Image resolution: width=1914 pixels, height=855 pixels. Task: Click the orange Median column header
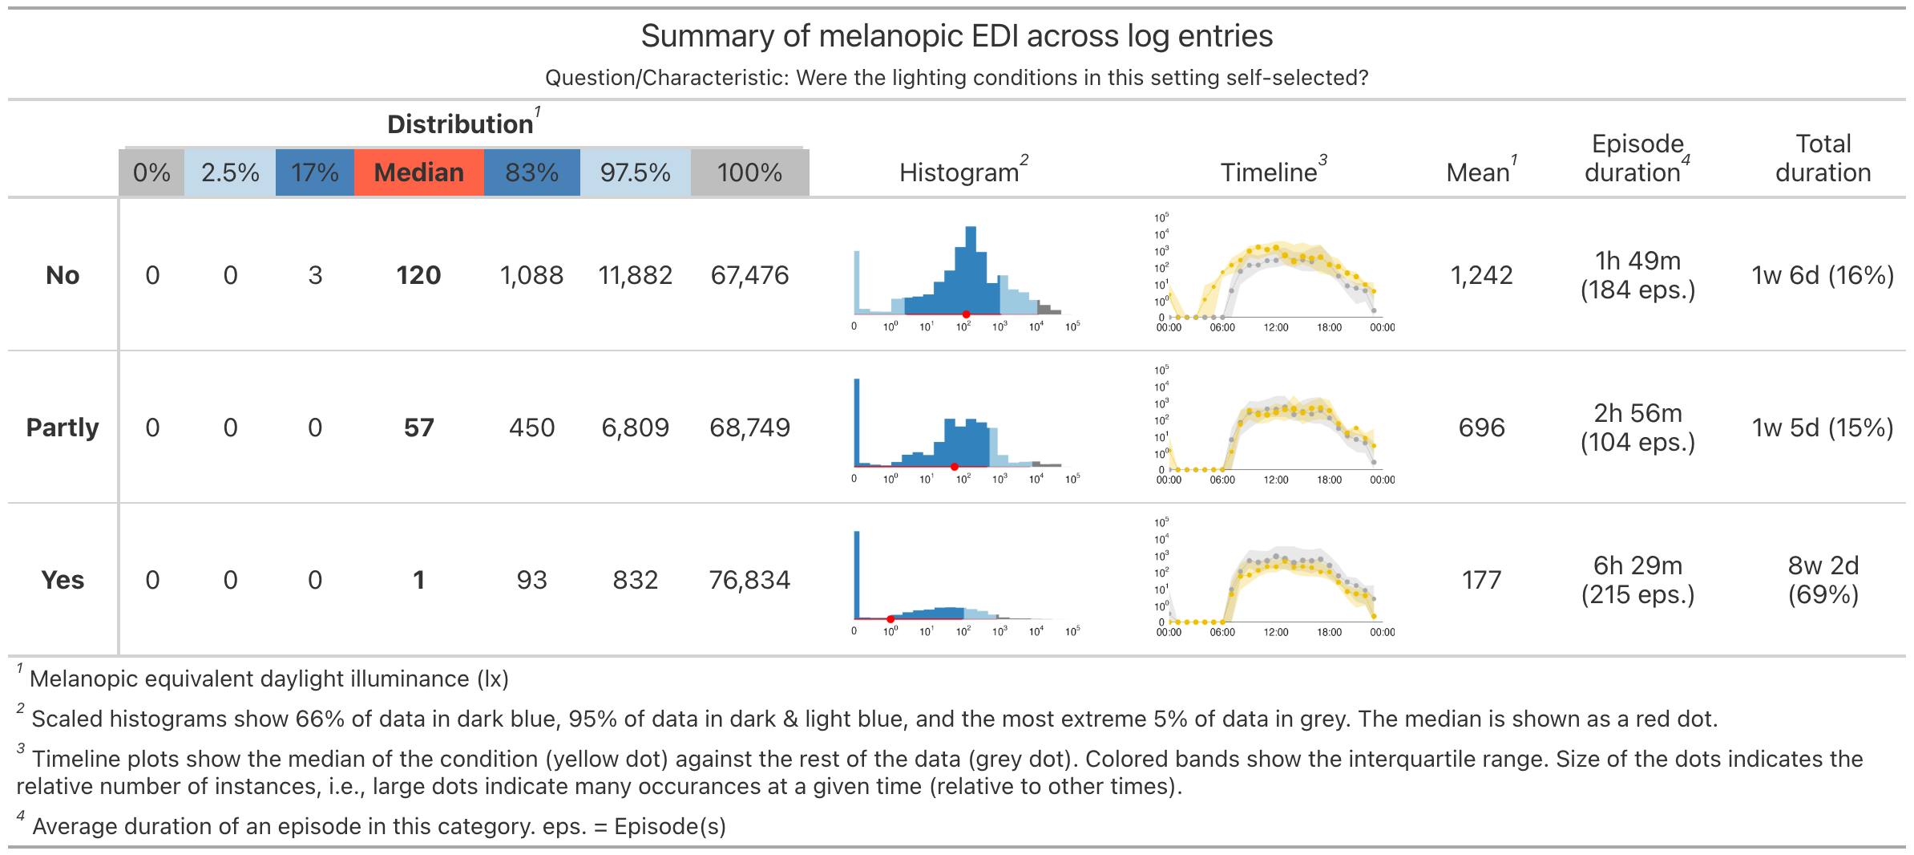(418, 172)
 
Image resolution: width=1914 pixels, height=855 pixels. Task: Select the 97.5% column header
(635, 172)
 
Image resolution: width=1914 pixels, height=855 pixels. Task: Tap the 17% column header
(315, 172)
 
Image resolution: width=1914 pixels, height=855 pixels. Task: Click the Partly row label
(63, 427)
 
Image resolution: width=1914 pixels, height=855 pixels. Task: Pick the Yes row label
(63, 580)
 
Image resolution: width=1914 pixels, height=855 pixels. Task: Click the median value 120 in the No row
(418, 275)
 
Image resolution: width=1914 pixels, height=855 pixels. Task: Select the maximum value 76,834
(749, 580)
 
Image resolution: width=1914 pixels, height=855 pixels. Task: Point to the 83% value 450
(531, 427)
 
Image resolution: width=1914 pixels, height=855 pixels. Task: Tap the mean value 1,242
(1481, 275)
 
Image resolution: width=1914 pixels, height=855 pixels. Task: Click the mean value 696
(1481, 427)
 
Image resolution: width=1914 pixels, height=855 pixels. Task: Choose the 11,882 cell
(635, 275)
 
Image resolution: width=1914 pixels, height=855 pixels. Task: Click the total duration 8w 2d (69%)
(1823, 580)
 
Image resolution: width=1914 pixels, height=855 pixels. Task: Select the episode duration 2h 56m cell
(1637, 427)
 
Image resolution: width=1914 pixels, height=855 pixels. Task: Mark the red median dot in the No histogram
(966, 314)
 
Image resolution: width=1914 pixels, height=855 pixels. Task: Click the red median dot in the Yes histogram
(890, 619)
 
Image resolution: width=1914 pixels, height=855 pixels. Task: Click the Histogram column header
(959, 172)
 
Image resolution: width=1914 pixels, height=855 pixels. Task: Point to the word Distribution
(460, 124)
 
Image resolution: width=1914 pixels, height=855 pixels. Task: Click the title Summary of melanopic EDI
(956, 36)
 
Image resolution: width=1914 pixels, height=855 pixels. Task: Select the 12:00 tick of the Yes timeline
(1276, 632)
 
